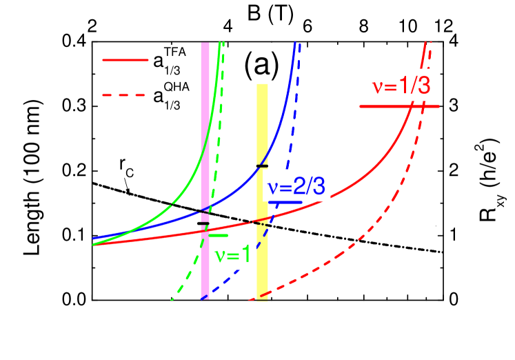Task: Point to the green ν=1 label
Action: tap(234, 255)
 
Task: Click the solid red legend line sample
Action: tap(125, 60)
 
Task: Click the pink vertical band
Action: tap(205, 138)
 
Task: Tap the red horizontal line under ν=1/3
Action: tap(399, 106)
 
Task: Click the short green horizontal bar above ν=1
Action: tap(219, 236)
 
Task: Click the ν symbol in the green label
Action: tap(221, 256)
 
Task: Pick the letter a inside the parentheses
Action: tap(261, 66)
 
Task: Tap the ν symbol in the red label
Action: tap(377, 88)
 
